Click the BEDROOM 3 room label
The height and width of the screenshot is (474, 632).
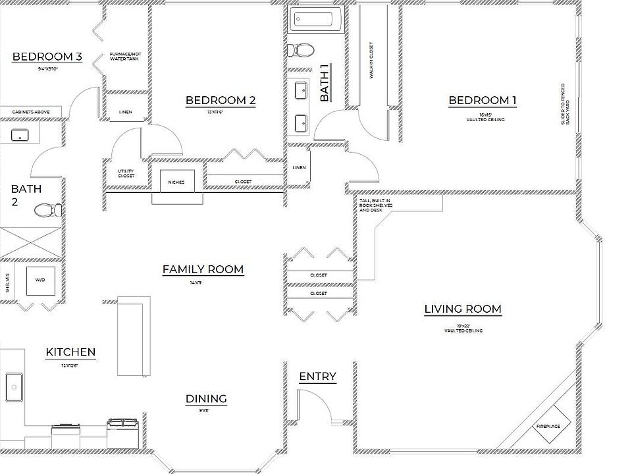[47, 57]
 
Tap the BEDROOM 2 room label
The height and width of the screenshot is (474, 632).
[221, 101]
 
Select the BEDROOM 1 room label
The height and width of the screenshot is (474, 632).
[483, 101]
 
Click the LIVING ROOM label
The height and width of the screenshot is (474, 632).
[463, 309]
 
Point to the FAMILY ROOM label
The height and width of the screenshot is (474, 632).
[203, 269]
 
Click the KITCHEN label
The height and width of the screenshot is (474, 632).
[70, 353]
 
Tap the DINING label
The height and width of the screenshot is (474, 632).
[206, 399]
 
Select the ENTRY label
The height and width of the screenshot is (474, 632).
[318, 377]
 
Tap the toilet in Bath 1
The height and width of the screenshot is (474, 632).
[303, 50]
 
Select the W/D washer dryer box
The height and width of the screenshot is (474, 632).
[40, 281]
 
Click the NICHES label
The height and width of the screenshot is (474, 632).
[176, 182]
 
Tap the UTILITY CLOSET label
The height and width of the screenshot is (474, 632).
[126, 173]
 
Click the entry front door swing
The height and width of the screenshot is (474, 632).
[315, 405]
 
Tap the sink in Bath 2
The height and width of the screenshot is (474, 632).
[20, 135]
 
